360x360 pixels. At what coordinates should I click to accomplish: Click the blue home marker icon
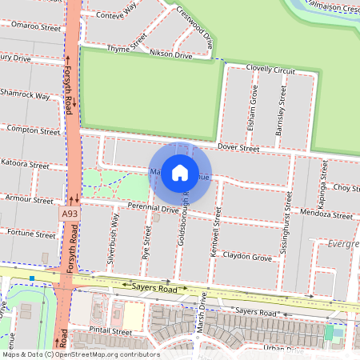click(x=180, y=172)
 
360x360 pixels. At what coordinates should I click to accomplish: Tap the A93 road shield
click(x=70, y=215)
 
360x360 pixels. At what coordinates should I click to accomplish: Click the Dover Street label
click(x=238, y=148)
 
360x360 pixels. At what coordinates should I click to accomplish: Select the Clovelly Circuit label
click(x=271, y=70)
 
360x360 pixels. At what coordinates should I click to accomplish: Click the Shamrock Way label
click(x=25, y=95)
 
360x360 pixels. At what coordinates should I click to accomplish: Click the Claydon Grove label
click(x=249, y=257)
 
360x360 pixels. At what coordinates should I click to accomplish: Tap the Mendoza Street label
click(x=325, y=215)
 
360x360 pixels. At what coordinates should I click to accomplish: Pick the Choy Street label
click(x=346, y=188)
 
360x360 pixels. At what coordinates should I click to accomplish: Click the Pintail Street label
click(x=110, y=330)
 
